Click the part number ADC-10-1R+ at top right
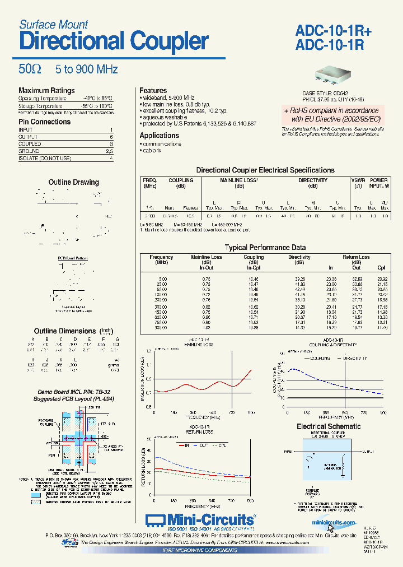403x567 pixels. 332,32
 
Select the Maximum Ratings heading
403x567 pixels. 46,91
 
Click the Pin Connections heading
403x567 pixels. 44,122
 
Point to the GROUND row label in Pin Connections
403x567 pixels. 29,151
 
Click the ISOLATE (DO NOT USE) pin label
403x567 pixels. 45,159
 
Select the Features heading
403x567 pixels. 153,91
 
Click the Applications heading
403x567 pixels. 159,135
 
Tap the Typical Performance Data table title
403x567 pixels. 265,247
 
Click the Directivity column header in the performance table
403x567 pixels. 299,257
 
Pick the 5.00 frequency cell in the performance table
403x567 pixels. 162,278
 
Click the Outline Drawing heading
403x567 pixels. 73,182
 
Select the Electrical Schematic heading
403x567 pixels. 329,426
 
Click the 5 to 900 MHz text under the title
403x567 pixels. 86,69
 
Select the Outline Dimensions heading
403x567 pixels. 65,331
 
